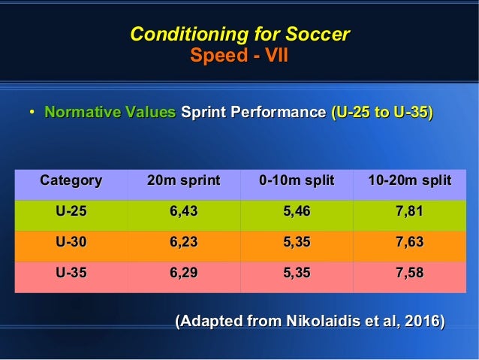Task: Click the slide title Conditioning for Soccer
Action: tap(239, 35)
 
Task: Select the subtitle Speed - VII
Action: tap(239, 56)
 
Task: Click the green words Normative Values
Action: tap(110, 113)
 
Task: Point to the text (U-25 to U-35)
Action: tap(381, 113)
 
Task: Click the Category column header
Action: tap(71, 181)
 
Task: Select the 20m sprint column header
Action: tap(183, 181)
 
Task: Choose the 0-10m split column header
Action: tap(296, 181)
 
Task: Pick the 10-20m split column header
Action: tap(409, 181)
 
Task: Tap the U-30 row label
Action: tap(71, 244)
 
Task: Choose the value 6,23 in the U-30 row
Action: tap(183, 244)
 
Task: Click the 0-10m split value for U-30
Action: tap(296, 244)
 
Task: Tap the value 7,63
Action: tap(409, 244)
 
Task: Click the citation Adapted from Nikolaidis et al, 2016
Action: tap(309, 322)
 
